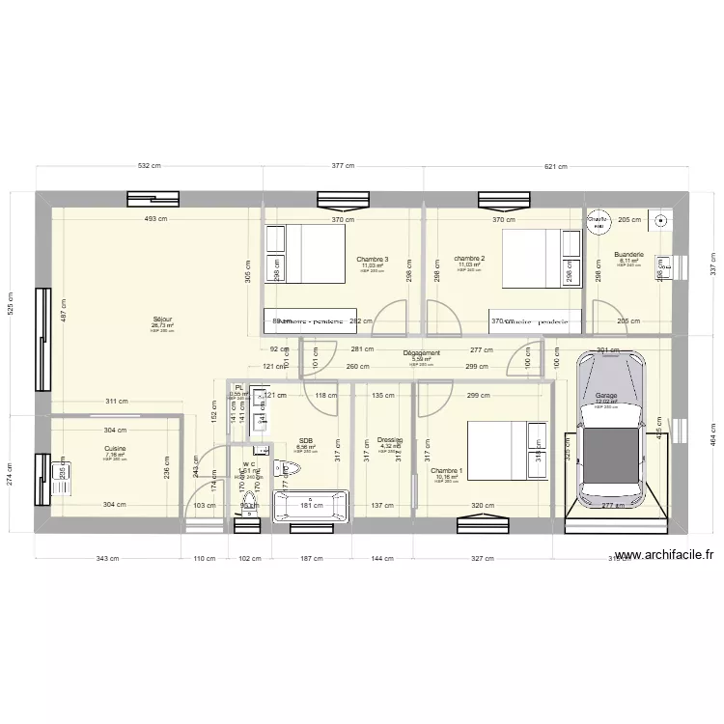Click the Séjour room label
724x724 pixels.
point(162,320)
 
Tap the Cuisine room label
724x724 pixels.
point(115,448)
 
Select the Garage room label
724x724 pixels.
point(605,396)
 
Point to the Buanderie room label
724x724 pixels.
point(627,255)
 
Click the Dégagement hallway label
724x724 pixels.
point(421,353)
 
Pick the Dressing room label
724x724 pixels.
point(389,437)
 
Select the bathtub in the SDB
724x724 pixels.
point(311,506)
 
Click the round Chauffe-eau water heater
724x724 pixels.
point(599,222)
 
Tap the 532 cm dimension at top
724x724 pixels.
point(150,166)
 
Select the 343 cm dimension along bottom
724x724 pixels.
point(107,558)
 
